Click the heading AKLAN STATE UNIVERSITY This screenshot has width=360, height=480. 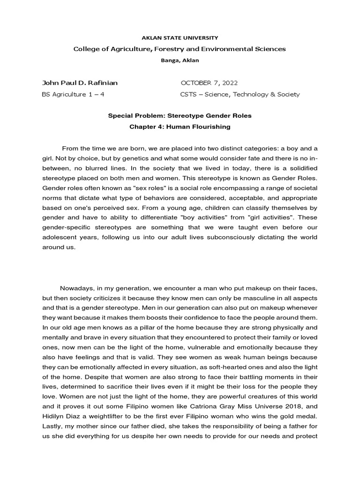(x=180, y=37)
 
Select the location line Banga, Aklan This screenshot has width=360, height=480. (x=180, y=60)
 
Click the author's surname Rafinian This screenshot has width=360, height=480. (x=100, y=83)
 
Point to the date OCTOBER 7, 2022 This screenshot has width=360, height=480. (x=209, y=83)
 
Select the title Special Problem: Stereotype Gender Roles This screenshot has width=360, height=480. (x=180, y=115)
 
